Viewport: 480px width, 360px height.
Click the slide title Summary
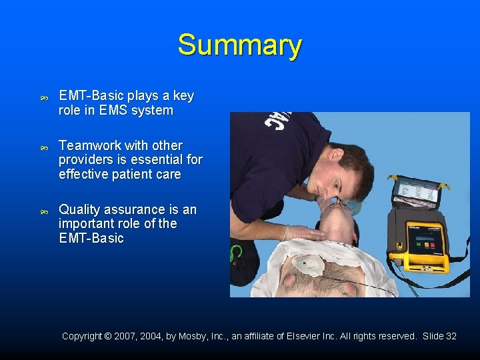(239, 45)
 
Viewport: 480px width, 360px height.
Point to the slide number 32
(450, 336)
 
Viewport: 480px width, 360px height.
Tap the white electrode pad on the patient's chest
(308, 265)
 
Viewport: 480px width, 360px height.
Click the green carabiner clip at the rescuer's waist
(237, 253)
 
